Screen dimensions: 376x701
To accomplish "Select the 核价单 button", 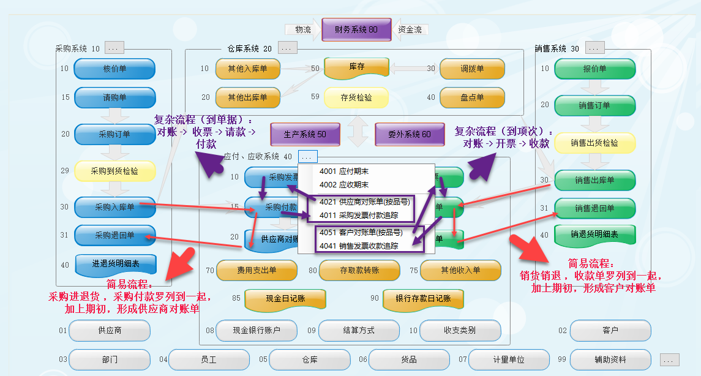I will click(114, 69).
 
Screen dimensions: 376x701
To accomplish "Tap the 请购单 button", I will click(114, 98).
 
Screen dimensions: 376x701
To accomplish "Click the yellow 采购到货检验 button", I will click(114, 171).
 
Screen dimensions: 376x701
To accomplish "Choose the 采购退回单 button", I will click(114, 235).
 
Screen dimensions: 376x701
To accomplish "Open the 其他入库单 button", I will click(247, 69).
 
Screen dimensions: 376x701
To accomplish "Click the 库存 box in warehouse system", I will click(356, 67).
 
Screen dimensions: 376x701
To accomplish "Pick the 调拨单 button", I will click(472, 69).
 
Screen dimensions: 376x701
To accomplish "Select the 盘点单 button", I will click(472, 97).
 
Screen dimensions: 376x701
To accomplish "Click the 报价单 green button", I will click(594, 69).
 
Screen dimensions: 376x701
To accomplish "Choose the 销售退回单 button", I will click(594, 209).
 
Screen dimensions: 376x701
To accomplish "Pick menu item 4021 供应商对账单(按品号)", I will click(365, 201).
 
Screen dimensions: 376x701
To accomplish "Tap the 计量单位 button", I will click(509, 359).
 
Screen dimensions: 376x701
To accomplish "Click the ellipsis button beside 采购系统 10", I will click(114, 48).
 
